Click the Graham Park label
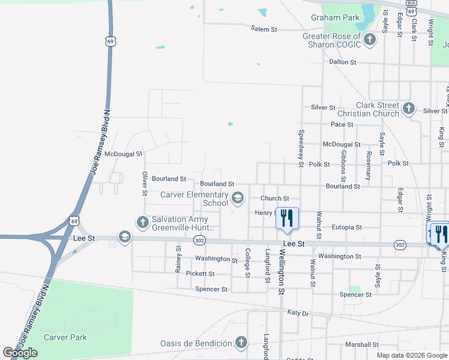coord(335,17)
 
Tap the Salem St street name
coord(265,29)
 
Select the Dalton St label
coord(343,62)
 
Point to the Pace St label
coord(342,125)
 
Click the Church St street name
coord(275,199)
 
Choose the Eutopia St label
coord(347,227)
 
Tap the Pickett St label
coord(200,274)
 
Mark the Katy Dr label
coord(297,313)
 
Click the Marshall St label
coord(360,344)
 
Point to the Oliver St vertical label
coord(145,184)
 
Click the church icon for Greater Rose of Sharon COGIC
coord(370,40)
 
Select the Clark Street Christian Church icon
coord(409,109)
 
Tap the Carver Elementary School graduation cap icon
coord(238,198)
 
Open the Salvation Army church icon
coord(143,223)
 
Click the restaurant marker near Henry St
coord(286,218)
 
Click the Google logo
coord(20,353)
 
